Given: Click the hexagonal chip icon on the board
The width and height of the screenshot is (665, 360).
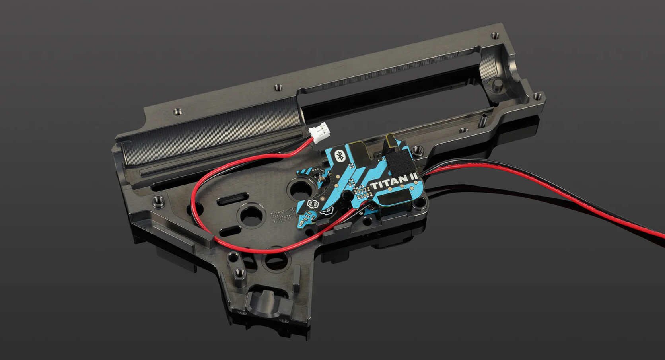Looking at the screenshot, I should [311, 205].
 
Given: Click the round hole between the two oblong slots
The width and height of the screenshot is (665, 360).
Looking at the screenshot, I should [249, 215].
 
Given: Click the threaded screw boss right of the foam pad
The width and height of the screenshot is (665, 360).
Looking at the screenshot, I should [417, 150].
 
